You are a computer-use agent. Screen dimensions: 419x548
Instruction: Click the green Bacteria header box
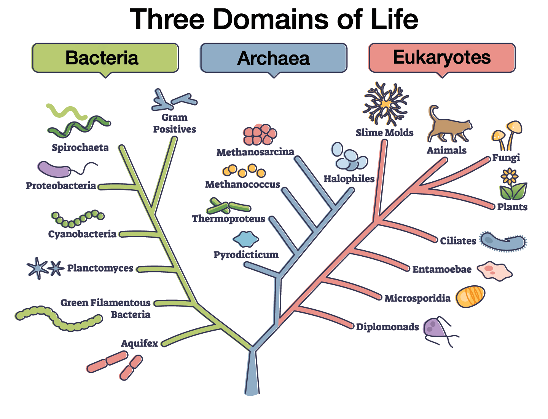coord(105,58)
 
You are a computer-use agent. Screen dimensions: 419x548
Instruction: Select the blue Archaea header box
coord(274,58)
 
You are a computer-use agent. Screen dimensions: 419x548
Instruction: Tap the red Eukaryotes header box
coord(442,58)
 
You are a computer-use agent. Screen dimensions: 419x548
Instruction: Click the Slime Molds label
coord(384,133)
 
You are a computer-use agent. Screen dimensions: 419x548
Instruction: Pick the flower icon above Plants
coord(509,176)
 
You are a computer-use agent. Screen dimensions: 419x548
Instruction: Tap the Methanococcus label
coord(242,184)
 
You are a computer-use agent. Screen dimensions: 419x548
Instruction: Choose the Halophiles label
coord(349,179)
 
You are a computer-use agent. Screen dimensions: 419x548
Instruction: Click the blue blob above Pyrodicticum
coord(245,240)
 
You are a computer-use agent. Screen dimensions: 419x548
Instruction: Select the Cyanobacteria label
coord(82,234)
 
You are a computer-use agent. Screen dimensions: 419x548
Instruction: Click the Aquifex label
coord(139,343)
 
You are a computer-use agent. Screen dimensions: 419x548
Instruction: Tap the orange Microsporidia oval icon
coord(470,297)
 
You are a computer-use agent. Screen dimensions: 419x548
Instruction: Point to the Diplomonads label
coord(387,327)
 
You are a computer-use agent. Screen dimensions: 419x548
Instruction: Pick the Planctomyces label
coord(100,268)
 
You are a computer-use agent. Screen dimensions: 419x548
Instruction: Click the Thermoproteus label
coord(228,219)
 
